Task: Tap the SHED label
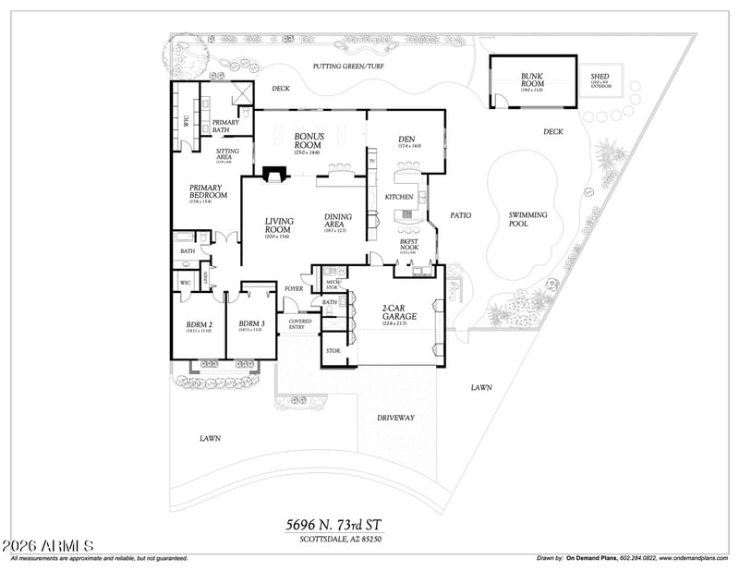[x=600, y=77]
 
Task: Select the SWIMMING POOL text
[x=527, y=219]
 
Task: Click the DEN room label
[x=409, y=140]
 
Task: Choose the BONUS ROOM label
[x=308, y=140]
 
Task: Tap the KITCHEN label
[x=399, y=197]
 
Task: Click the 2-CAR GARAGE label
[x=399, y=311]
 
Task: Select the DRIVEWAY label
[x=395, y=418]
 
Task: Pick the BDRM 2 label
[x=199, y=324]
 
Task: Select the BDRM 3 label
[x=251, y=324]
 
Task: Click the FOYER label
[x=294, y=288]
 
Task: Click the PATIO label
[x=460, y=215]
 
